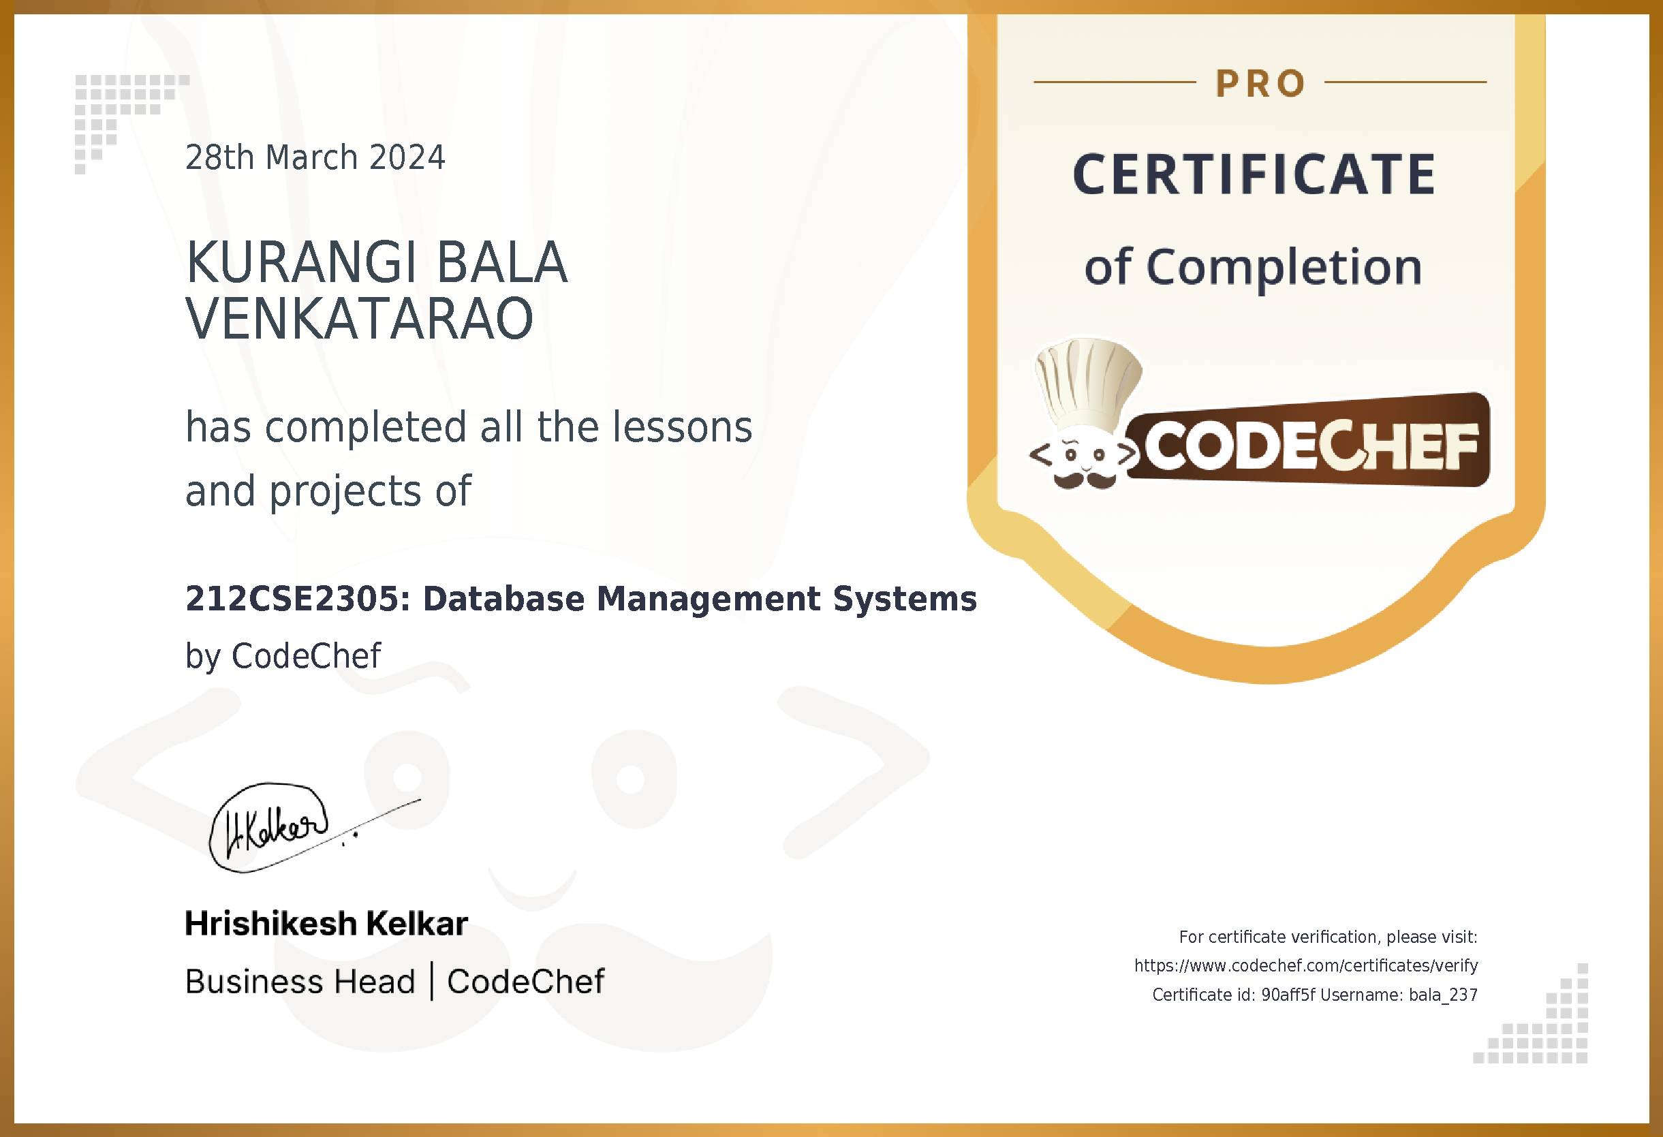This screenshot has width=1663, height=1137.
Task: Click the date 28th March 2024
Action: [x=315, y=157]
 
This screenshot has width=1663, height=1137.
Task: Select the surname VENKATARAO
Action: [x=359, y=318]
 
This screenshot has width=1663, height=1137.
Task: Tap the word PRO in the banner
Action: [x=1260, y=84]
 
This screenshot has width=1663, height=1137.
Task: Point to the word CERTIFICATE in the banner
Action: [x=1254, y=174]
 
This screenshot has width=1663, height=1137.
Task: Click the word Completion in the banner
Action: [x=1284, y=267]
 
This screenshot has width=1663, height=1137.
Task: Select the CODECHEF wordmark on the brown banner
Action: [x=1311, y=446]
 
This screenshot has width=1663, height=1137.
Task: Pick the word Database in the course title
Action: [x=503, y=598]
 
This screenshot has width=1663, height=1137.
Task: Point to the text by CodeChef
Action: [x=283, y=655]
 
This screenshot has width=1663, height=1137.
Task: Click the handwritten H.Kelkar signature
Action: [x=275, y=828]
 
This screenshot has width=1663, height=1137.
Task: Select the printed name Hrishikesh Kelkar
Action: [x=326, y=923]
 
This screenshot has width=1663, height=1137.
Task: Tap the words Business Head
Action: [x=300, y=981]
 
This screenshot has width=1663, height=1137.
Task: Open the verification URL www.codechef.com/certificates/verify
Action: [x=1305, y=965]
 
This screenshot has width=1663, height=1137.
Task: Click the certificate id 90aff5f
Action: [x=1288, y=995]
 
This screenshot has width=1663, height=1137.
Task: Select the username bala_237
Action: [x=1442, y=995]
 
